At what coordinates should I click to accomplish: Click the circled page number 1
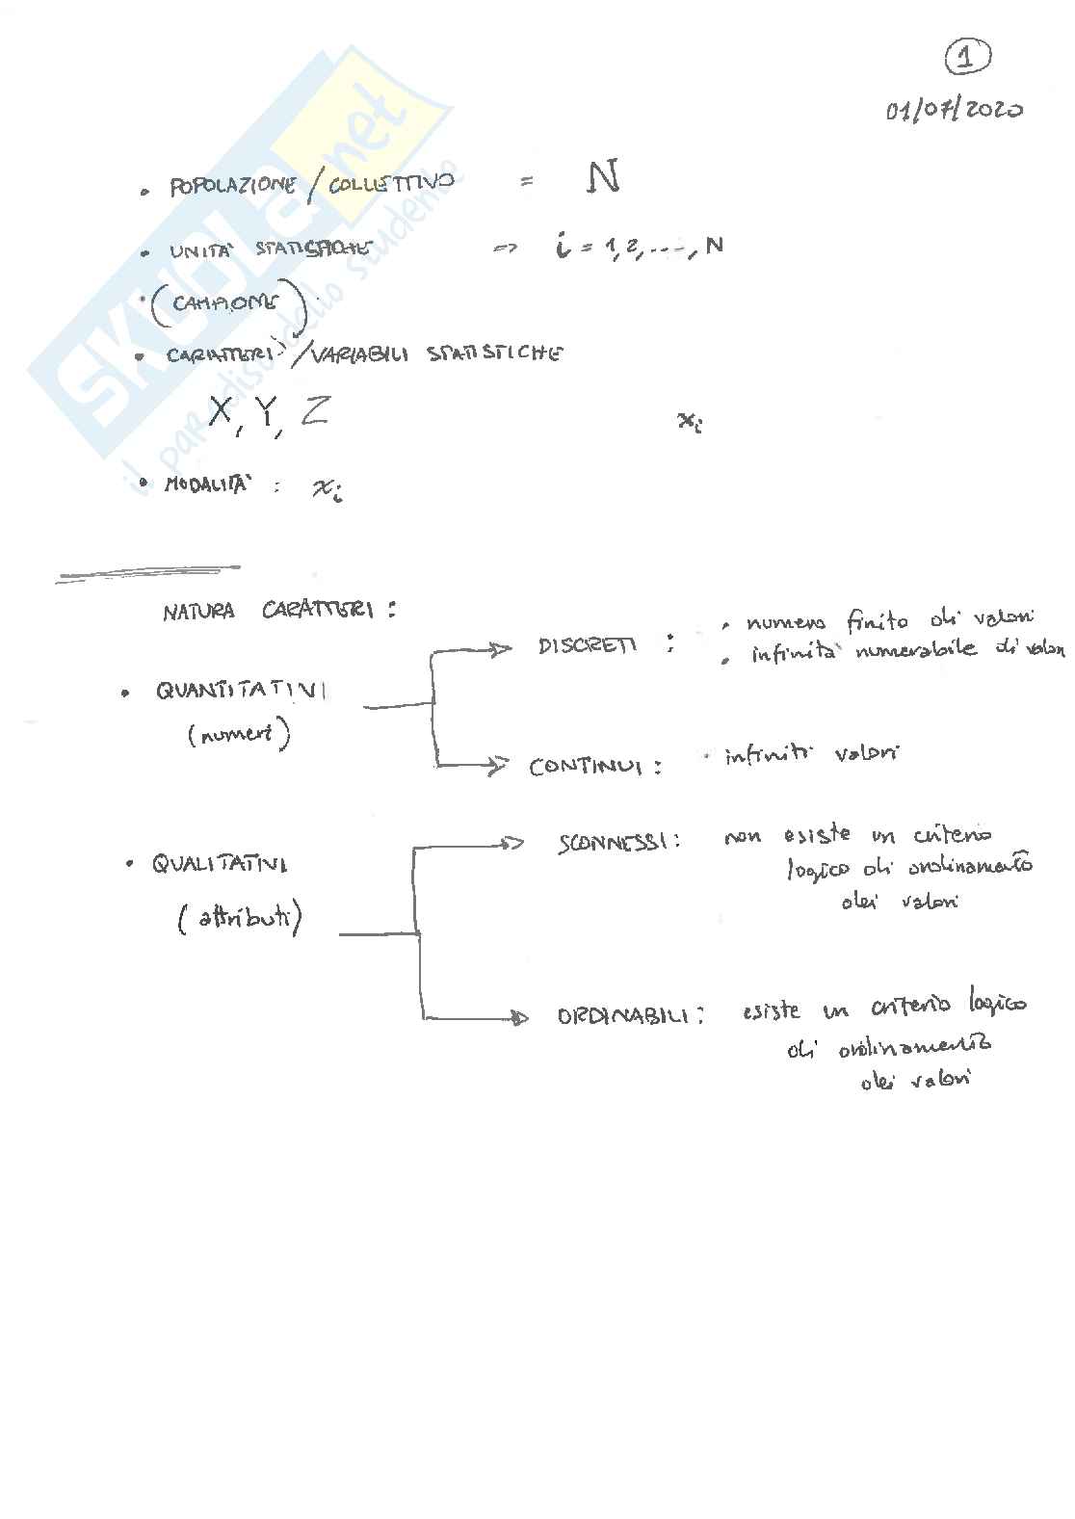point(966,58)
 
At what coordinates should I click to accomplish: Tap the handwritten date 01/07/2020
point(954,110)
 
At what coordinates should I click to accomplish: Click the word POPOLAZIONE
point(232,185)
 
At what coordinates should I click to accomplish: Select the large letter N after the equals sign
point(603,178)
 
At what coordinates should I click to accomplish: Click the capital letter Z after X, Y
point(313,411)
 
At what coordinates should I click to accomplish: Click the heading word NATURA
point(198,612)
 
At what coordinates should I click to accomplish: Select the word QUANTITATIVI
point(241,691)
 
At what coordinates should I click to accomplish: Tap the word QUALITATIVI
point(219,864)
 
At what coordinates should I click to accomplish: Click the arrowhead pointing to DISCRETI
point(500,649)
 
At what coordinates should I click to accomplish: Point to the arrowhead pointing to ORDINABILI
point(519,1017)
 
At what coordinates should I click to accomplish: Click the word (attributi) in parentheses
point(240,920)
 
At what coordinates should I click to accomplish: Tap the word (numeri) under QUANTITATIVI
point(239,736)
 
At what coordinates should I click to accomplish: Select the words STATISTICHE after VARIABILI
point(494,354)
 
